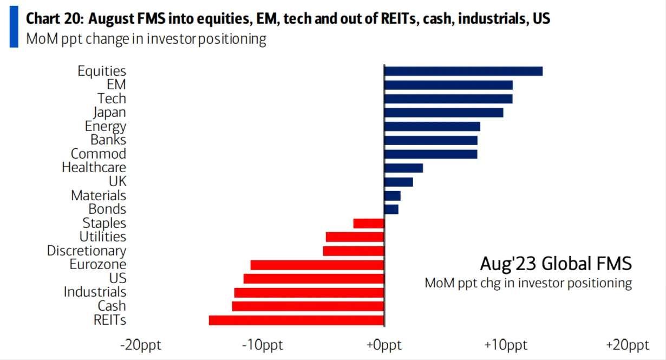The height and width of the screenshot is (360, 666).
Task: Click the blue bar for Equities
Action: click(x=463, y=71)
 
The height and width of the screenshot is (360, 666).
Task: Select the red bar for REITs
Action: click(x=296, y=320)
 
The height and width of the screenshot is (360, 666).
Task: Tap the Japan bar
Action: click(x=443, y=113)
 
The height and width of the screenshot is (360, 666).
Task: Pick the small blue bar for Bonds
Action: click(x=391, y=209)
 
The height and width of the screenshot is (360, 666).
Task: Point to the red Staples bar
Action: click(x=368, y=223)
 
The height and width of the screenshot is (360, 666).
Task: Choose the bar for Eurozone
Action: click(x=317, y=265)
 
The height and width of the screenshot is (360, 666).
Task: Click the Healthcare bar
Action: click(x=403, y=168)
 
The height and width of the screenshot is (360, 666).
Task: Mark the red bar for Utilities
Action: click(x=355, y=237)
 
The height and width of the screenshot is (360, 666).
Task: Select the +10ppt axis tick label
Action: click(x=506, y=345)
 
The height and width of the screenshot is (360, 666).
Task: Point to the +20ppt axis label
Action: click(x=628, y=345)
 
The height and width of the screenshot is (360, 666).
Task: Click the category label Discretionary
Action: click(x=87, y=251)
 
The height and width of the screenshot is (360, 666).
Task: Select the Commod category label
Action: click(x=99, y=154)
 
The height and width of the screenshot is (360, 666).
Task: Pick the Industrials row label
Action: click(x=95, y=292)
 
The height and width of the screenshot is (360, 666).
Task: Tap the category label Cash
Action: click(x=112, y=306)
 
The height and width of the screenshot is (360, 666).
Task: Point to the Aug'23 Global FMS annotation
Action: click(x=556, y=264)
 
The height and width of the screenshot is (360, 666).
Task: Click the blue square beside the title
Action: click(x=14, y=26)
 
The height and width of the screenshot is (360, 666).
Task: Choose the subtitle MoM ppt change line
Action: click(x=146, y=39)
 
